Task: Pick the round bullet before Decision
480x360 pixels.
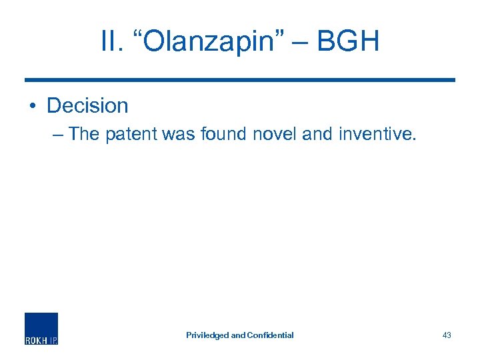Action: tap(33, 107)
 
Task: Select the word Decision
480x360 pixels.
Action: tap(87, 105)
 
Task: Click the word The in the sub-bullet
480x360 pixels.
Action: tap(84, 134)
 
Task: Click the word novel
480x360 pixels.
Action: tap(275, 134)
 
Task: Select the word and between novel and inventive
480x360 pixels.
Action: tap(317, 134)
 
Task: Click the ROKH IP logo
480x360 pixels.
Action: tap(41, 328)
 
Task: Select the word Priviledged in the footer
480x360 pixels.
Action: tap(207, 335)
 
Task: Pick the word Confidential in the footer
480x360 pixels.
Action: tap(270, 335)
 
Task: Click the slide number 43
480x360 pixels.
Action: tap(447, 335)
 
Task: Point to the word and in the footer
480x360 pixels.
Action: tap(238, 335)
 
